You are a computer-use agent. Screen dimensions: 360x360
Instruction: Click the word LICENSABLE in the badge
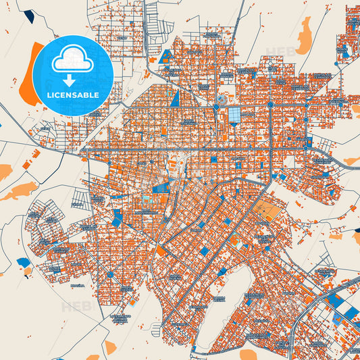[x=72, y=95]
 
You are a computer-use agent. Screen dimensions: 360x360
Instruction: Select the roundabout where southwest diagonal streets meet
[x=110, y=276]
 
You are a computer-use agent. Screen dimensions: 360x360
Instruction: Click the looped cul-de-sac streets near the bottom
[x=158, y=330]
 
